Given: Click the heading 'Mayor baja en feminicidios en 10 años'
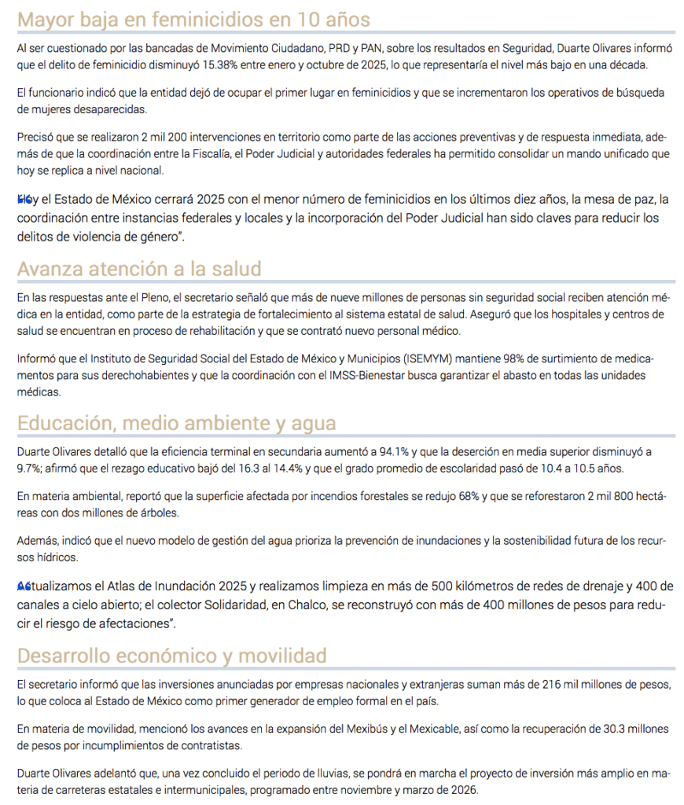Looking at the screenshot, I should [193, 19].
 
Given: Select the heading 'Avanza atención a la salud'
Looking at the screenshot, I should [138, 269].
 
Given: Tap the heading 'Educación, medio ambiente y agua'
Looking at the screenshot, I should [176, 423].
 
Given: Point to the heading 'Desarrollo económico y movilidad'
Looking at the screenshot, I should [171, 655].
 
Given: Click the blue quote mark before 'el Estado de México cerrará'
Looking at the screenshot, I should [23, 200].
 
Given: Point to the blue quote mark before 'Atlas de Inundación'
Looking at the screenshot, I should [23, 586].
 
